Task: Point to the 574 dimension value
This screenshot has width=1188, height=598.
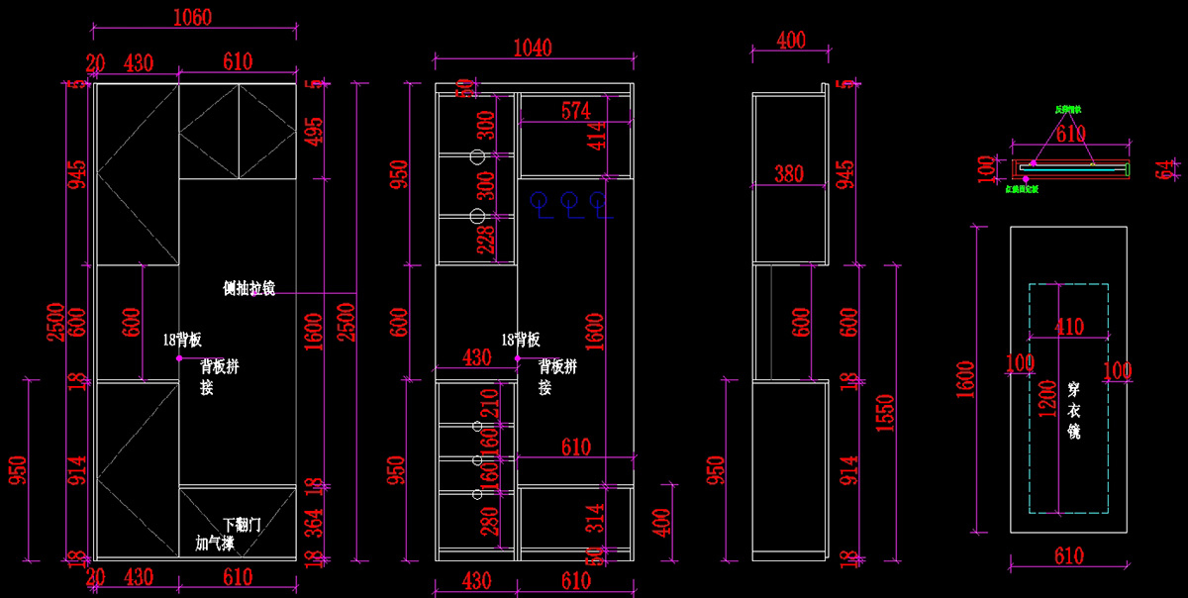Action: [x=575, y=110]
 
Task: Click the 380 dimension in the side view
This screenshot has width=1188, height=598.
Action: [x=788, y=173]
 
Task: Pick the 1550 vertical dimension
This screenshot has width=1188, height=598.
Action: [x=885, y=418]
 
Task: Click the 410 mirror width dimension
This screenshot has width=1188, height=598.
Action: [x=1069, y=326]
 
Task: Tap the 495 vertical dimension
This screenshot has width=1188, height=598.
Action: [x=313, y=126]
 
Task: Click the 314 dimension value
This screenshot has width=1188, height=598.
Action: [x=622, y=520]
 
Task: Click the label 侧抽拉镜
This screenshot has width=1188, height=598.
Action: [x=248, y=288]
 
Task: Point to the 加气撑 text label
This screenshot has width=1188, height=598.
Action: [x=215, y=544]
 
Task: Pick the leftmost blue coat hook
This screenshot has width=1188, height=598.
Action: [x=539, y=202]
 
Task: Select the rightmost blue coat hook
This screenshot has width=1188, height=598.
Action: [x=598, y=202]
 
